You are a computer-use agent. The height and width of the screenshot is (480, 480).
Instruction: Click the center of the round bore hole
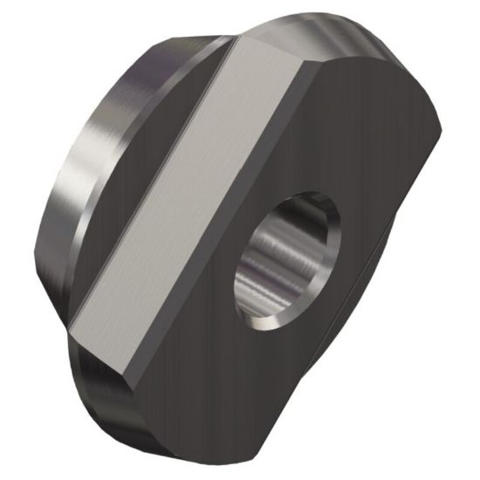pos(288,262)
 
